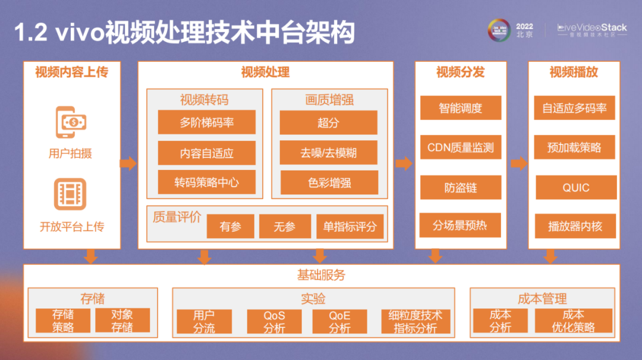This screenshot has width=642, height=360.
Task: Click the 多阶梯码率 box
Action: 206,122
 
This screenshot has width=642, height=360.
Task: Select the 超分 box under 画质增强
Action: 328,122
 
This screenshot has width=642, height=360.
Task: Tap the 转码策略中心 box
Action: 206,182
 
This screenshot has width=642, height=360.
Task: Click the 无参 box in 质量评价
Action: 285,226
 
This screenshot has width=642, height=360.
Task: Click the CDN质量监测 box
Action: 460,147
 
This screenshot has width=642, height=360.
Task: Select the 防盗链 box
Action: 460,188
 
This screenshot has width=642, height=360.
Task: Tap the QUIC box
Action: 575,188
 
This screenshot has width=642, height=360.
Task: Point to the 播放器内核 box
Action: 574,226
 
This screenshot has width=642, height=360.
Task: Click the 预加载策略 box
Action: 574,147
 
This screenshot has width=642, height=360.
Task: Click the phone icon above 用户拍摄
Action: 71,122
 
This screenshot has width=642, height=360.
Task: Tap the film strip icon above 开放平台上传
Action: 71,194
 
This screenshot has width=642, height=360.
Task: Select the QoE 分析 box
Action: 339,321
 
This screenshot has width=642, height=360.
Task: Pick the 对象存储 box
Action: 122,321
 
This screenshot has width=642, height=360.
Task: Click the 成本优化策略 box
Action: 573,321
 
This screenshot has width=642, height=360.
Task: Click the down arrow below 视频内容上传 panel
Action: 90,256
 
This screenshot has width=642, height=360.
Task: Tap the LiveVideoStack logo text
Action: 591,28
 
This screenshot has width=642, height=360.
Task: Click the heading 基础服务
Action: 321,275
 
